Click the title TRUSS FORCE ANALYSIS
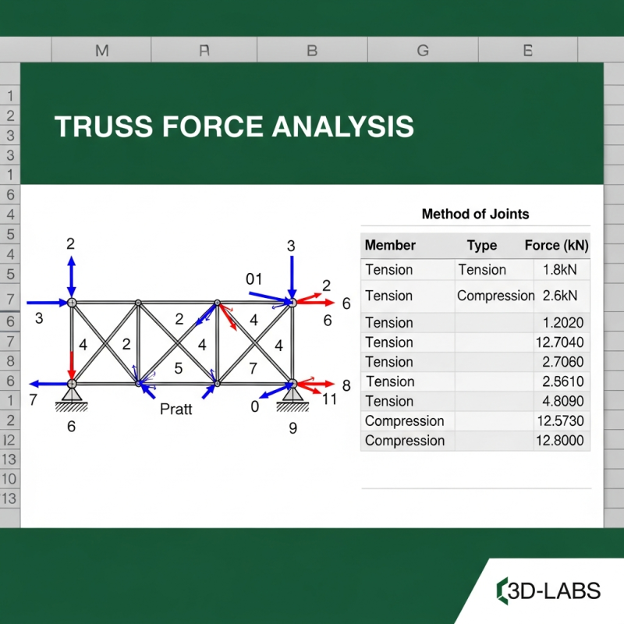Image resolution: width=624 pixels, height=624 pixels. click(x=234, y=126)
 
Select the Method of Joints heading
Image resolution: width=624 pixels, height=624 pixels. click(x=475, y=214)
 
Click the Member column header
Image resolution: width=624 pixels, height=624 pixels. click(x=390, y=245)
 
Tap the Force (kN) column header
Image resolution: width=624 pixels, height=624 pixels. click(x=556, y=245)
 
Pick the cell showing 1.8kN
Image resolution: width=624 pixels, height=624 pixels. click(x=560, y=270)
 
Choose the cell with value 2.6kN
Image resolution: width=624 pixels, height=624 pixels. click(x=560, y=296)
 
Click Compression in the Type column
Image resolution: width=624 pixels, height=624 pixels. click(x=495, y=296)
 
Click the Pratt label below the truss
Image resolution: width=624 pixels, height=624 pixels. click(x=175, y=409)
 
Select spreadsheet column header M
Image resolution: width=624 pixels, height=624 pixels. click(x=101, y=51)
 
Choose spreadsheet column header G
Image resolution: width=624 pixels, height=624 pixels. click(x=423, y=51)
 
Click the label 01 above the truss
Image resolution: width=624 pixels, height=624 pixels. click(x=254, y=279)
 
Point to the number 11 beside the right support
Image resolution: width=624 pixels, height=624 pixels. click(x=329, y=399)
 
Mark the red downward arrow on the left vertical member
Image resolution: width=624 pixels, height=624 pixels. click(x=72, y=363)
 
